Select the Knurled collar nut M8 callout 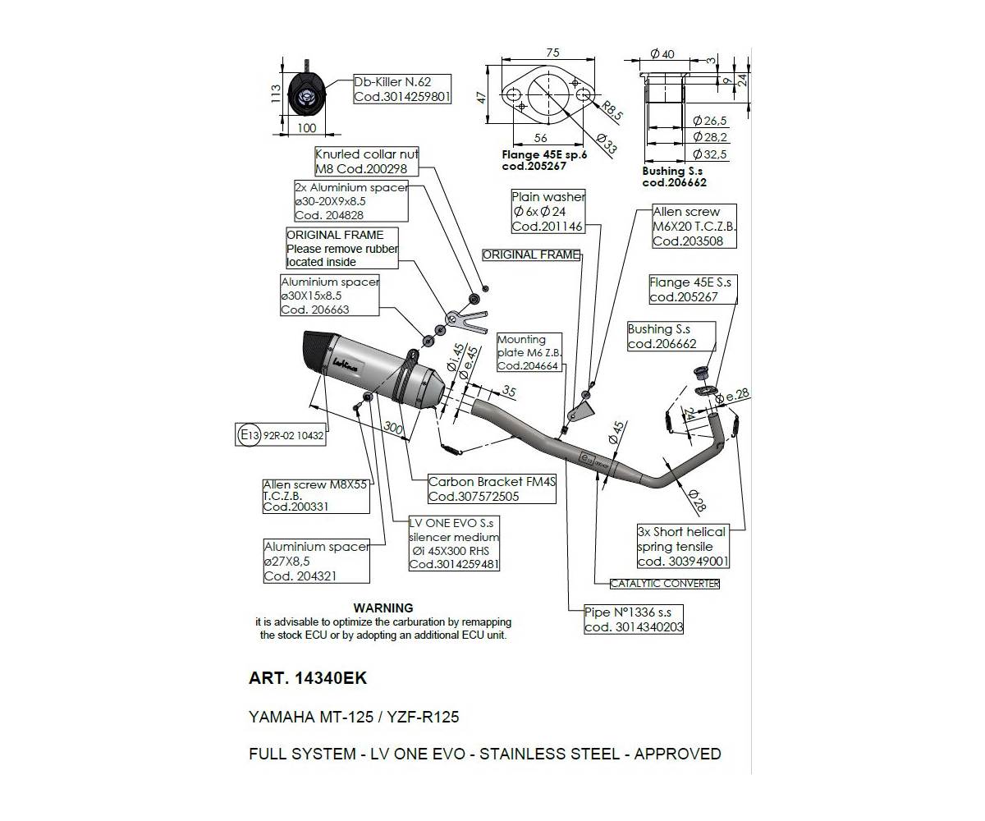point(366,161)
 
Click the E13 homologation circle point(248,435)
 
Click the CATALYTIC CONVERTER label point(664,584)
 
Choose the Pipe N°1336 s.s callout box point(633,620)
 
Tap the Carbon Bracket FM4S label point(492,489)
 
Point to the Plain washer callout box point(548,212)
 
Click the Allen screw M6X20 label point(693,227)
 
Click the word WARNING point(383,608)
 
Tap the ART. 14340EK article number point(308,679)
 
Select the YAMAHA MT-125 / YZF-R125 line point(354,717)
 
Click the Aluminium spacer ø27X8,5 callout point(316,561)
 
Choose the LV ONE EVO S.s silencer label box point(454,544)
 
